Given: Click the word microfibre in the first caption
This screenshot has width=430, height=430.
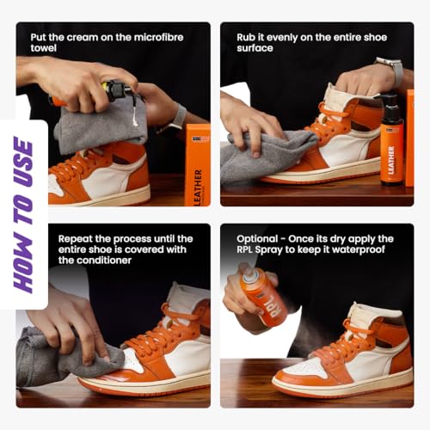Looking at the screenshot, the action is [x=159, y=37].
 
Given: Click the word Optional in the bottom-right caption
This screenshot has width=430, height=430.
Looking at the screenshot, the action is [x=257, y=239].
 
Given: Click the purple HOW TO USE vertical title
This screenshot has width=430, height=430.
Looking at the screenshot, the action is [x=24, y=215].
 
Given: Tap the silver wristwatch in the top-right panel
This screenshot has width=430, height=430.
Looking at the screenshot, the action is [x=390, y=71].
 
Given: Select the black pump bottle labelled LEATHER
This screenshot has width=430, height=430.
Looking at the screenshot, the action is [x=391, y=140].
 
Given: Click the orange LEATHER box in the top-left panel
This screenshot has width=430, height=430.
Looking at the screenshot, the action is [x=198, y=165].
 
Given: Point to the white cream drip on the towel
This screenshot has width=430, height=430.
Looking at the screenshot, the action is [x=135, y=118].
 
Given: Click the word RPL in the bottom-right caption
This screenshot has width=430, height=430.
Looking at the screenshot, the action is [x=244, y=249].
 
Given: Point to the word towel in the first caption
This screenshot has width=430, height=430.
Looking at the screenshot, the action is [x=44, y=48].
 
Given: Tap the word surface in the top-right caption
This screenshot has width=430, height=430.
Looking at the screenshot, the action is [x=255, y=48].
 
